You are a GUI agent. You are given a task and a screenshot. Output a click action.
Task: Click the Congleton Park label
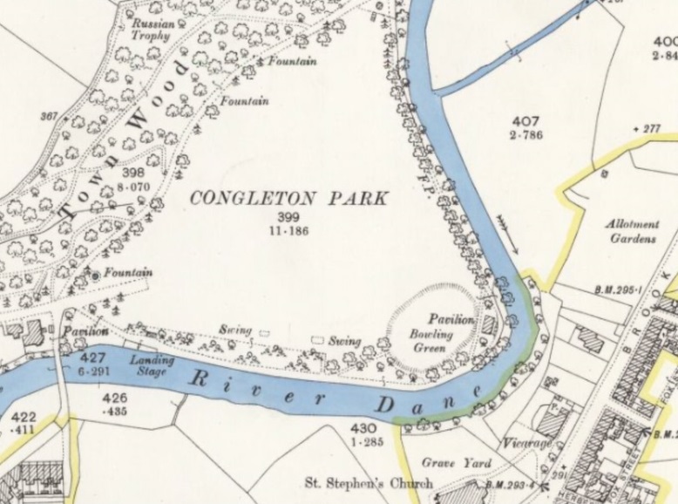click(x=288, y=198)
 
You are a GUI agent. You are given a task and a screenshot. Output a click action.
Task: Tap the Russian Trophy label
click(x=154, y=31)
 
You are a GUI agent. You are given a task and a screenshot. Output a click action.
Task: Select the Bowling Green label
click(x=431, y=341)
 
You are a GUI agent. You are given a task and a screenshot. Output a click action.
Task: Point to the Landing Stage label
click(x=152, y=364)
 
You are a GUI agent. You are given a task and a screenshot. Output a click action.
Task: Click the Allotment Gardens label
click(x=633, y=231)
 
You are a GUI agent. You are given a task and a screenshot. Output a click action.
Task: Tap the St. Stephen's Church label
click(x=368, y=482)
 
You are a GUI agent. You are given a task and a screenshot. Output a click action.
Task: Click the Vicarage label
click(x=527, y=444)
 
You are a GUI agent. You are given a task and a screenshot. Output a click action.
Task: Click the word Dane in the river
click(x=427, y=403)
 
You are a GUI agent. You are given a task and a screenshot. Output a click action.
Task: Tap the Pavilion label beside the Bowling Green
click(x=451, y=320)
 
